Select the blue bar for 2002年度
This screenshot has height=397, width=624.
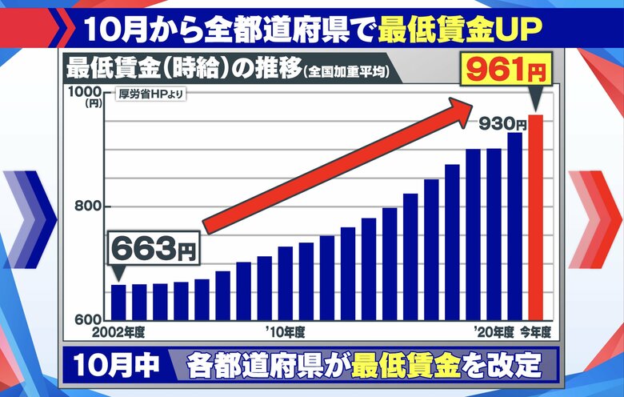pyautogui.click(x=118, y=303)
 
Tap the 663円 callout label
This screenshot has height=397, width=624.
pyautogui.click(x=152, y=250)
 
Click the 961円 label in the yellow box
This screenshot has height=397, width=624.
pyautogui.click(x=506, y=70)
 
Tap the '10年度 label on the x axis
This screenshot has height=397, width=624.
pyautogui.click(x=285, y=331)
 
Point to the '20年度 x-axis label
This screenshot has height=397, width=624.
pyautogui.click(x=491, y=331)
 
